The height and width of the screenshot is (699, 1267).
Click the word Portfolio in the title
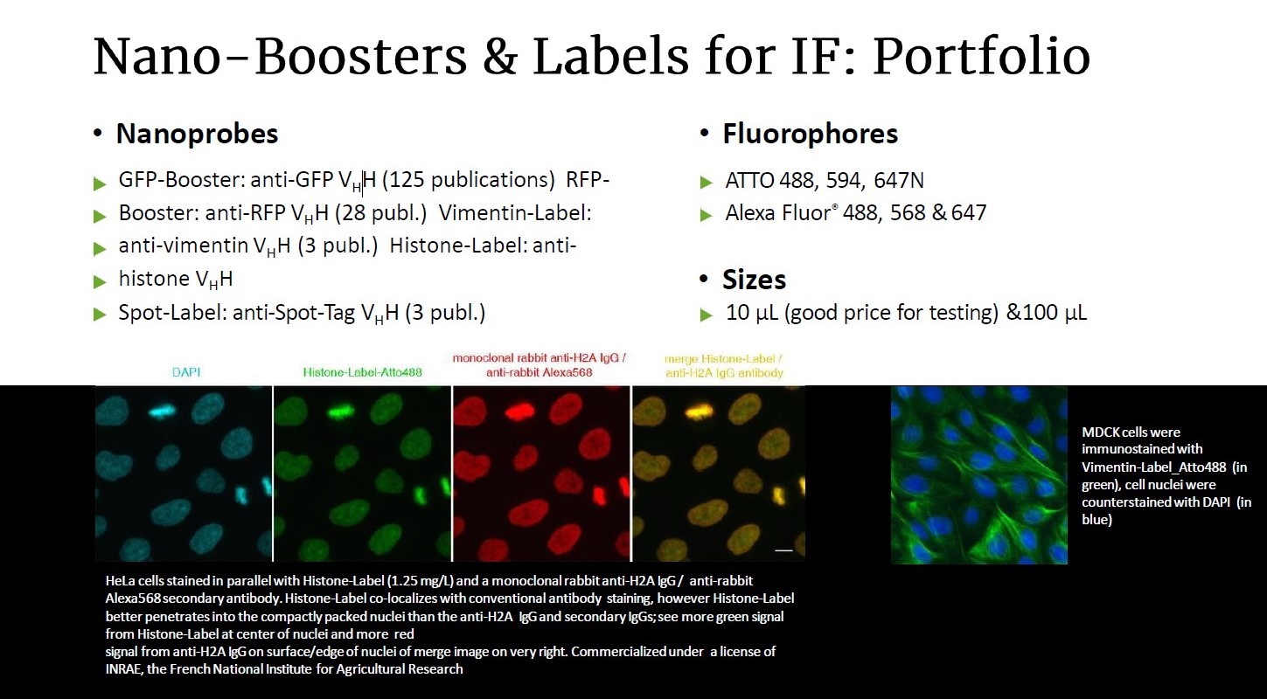point(981,57)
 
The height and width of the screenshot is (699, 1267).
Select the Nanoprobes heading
point(197,134)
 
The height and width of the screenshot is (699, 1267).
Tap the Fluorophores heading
point(810,134)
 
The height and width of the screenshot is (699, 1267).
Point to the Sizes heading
point(754,280)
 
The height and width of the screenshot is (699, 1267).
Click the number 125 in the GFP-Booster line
point(407,180)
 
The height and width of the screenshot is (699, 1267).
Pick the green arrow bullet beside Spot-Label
point(100,315)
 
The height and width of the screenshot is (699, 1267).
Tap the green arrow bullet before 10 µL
point(707,315)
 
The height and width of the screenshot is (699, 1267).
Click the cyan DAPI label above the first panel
point(186,372)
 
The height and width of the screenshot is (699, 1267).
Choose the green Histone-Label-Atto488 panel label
point(363,372)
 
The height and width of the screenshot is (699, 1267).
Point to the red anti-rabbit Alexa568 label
point(539,372)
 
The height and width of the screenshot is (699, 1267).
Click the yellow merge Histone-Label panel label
point(723,359)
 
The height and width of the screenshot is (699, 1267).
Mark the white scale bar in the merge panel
point(783,550)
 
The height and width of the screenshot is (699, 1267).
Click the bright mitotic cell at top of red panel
point(519,412)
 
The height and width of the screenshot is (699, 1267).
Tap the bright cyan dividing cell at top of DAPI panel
point(163,411)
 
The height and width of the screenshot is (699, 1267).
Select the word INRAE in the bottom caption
point(123,669)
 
